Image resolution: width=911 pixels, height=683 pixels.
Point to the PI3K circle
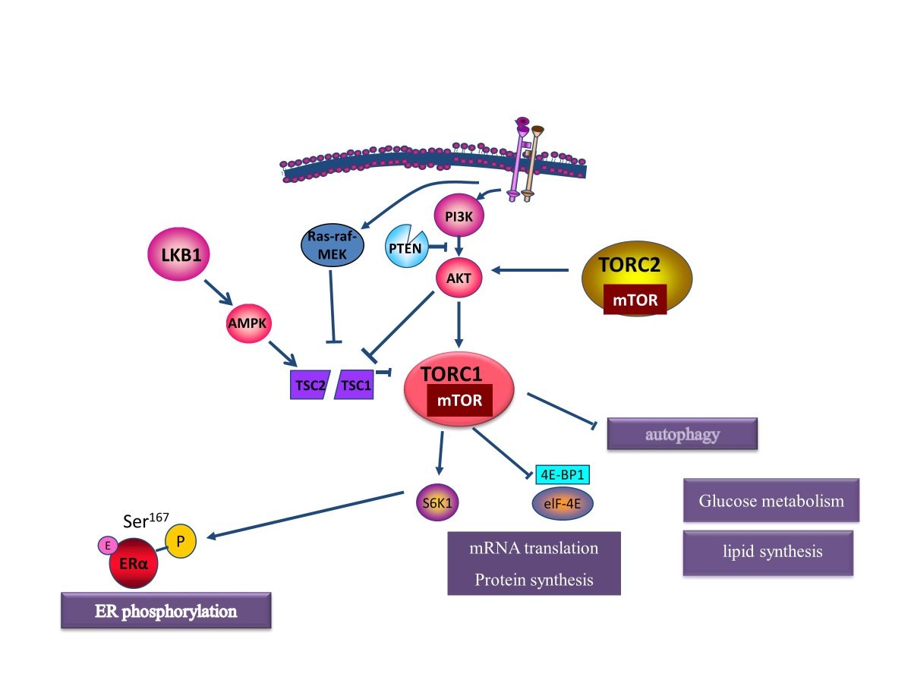(x=459, y=216)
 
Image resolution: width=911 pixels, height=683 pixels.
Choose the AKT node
(x=459, y=279)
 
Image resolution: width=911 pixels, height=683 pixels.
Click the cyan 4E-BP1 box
(x=563, y=475)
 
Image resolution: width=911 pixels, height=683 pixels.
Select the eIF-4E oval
(x=563, y=503)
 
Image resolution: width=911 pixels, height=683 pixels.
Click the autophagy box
(x=682, y=435)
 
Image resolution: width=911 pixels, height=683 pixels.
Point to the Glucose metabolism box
(x=771, y=500)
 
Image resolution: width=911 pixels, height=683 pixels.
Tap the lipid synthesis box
(x=767, y=552)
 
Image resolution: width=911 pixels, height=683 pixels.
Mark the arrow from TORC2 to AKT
(x=531, y=269)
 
